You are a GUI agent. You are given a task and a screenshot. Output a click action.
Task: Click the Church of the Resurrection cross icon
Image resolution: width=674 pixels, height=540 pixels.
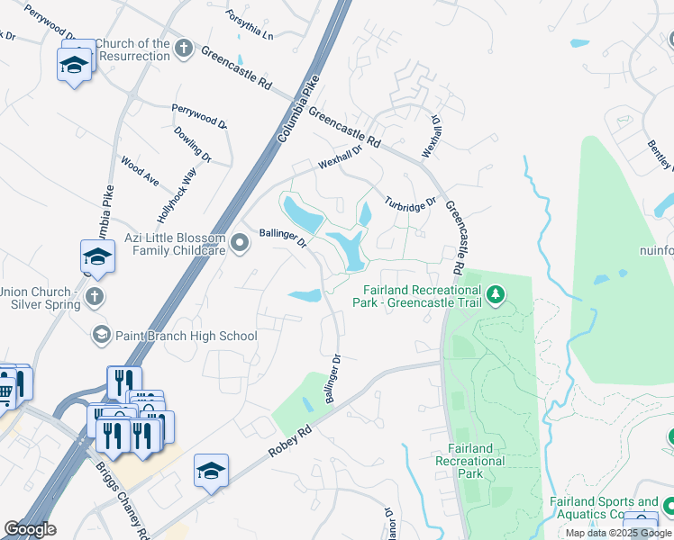[x=184, y=47]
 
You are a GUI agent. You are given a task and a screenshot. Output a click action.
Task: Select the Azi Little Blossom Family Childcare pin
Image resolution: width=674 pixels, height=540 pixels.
[x=240, y=243]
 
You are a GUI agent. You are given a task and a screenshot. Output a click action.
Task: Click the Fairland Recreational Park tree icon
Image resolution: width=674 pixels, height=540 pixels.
[x=495, y=294]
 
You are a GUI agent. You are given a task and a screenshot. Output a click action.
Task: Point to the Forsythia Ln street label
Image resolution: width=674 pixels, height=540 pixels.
[x=249, y=24]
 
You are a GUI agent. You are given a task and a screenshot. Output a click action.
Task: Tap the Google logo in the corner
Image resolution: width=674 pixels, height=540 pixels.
[x=30, y=529]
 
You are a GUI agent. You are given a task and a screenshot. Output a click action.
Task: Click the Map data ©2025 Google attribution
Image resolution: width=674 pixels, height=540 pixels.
[x=619, y=533]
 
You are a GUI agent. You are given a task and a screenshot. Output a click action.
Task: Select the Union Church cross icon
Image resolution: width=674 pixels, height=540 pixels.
[x=94, y=296]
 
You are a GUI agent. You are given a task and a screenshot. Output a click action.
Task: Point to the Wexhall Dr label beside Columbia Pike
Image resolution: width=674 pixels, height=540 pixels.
[x=339, y=158]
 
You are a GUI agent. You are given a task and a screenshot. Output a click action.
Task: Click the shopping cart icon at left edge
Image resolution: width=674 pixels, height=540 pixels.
[x=5, y=390]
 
